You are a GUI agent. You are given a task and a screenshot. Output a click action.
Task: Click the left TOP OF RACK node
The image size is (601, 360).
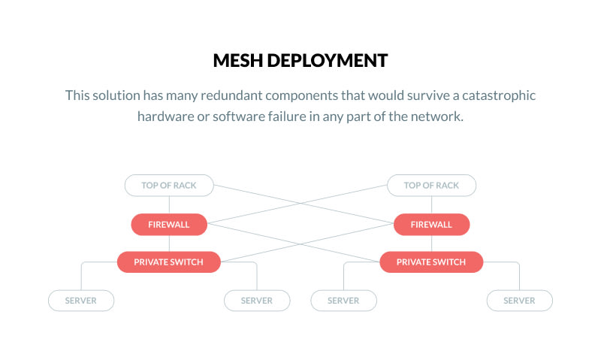point(169,186)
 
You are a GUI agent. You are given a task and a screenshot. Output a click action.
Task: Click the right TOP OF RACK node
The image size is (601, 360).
point(431,186)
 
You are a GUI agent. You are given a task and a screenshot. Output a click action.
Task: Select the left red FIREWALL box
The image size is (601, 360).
point(169,224)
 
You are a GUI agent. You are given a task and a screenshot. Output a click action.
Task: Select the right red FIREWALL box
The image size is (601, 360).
point(431,224)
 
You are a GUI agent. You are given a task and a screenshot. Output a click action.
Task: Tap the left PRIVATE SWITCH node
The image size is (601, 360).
point(169,262)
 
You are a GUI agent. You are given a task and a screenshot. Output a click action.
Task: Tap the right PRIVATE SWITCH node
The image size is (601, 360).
point(431,262)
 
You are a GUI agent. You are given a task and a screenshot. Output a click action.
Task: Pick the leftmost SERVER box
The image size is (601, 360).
point(81,301)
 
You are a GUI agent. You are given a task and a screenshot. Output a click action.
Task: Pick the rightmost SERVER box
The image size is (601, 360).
point(519,301)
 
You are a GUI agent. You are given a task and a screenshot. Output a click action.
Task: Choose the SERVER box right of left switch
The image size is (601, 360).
point(257,301)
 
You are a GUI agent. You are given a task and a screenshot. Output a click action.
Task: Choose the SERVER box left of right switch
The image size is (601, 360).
point(344,301)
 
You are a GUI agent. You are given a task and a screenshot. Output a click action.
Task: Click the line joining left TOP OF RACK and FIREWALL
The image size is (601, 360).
point(169,204)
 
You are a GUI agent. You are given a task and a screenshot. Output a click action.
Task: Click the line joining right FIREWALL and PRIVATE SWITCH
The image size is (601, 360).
point(431,243)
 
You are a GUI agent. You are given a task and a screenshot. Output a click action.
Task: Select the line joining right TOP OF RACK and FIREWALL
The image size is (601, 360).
point(431,204)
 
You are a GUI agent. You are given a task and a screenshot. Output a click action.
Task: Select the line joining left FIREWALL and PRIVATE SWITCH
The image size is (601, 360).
point(169,243)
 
